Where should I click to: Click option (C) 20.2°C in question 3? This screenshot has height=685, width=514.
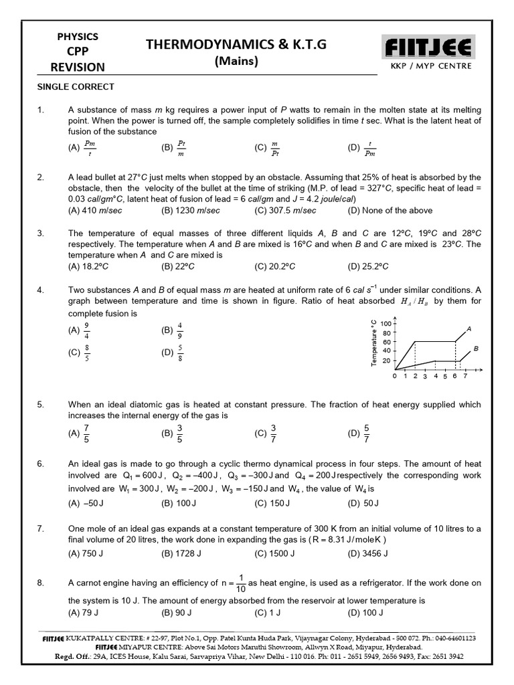click(x=276, y=266)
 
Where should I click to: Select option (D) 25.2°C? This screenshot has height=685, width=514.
click(x=368, y=266)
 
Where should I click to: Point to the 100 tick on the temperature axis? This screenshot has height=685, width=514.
click(x=385, y=324)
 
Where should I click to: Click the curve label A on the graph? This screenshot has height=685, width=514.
click(x=469, y=328)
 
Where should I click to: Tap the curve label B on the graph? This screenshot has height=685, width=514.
click(x=476, y=349)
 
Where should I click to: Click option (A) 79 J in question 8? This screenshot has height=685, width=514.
click(x=84, y=612)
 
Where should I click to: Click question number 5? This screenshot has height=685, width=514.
click(x=40, y=404)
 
